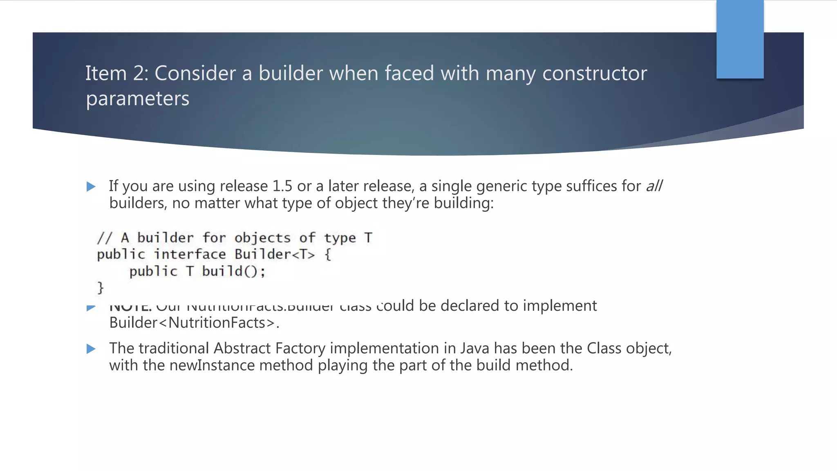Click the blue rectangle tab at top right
click(740, 39)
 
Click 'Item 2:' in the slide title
click(116, 74)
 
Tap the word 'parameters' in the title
click(138, 99)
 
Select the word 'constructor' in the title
click(594, 74)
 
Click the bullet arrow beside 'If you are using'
click(91, 187)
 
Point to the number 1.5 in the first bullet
click(282, 186)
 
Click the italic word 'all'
click(654, 186)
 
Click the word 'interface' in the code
click(190, 254)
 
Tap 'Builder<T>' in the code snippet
click(275, 254)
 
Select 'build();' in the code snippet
click(234, 271)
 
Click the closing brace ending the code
click(100, 288)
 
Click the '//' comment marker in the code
click(104, 238)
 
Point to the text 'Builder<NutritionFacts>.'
click(194, 323)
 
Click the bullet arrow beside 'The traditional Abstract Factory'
click(91, 349)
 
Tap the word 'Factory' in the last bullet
click(300, 348)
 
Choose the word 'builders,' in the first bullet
click(138, 203)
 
